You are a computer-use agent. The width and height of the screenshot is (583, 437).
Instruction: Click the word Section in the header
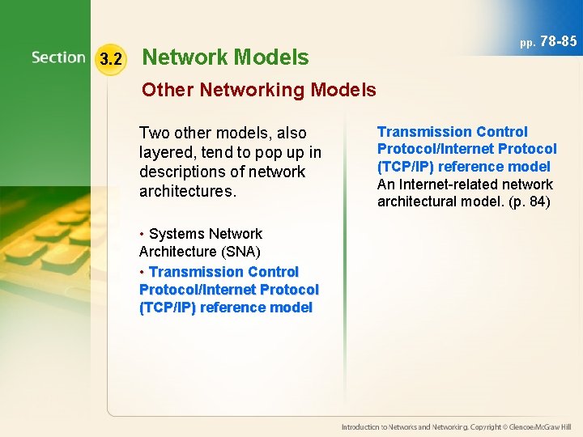[58, 57]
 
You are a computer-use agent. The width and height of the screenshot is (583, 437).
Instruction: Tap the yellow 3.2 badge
[109, 59]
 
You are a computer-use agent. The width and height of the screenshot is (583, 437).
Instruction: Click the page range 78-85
[558, 40]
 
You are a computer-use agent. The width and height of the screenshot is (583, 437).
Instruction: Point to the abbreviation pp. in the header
[527, 42]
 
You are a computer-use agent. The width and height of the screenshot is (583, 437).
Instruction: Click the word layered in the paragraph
[168, 152]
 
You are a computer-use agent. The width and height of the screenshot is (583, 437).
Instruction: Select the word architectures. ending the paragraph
[188, 191]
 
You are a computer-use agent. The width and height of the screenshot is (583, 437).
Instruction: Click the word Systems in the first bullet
[177, 234]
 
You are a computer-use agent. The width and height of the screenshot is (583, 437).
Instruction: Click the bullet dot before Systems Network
[143, 235]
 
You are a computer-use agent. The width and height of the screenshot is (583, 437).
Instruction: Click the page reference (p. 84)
[527, 202]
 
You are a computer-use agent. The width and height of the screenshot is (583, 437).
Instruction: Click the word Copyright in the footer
[484, 426]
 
